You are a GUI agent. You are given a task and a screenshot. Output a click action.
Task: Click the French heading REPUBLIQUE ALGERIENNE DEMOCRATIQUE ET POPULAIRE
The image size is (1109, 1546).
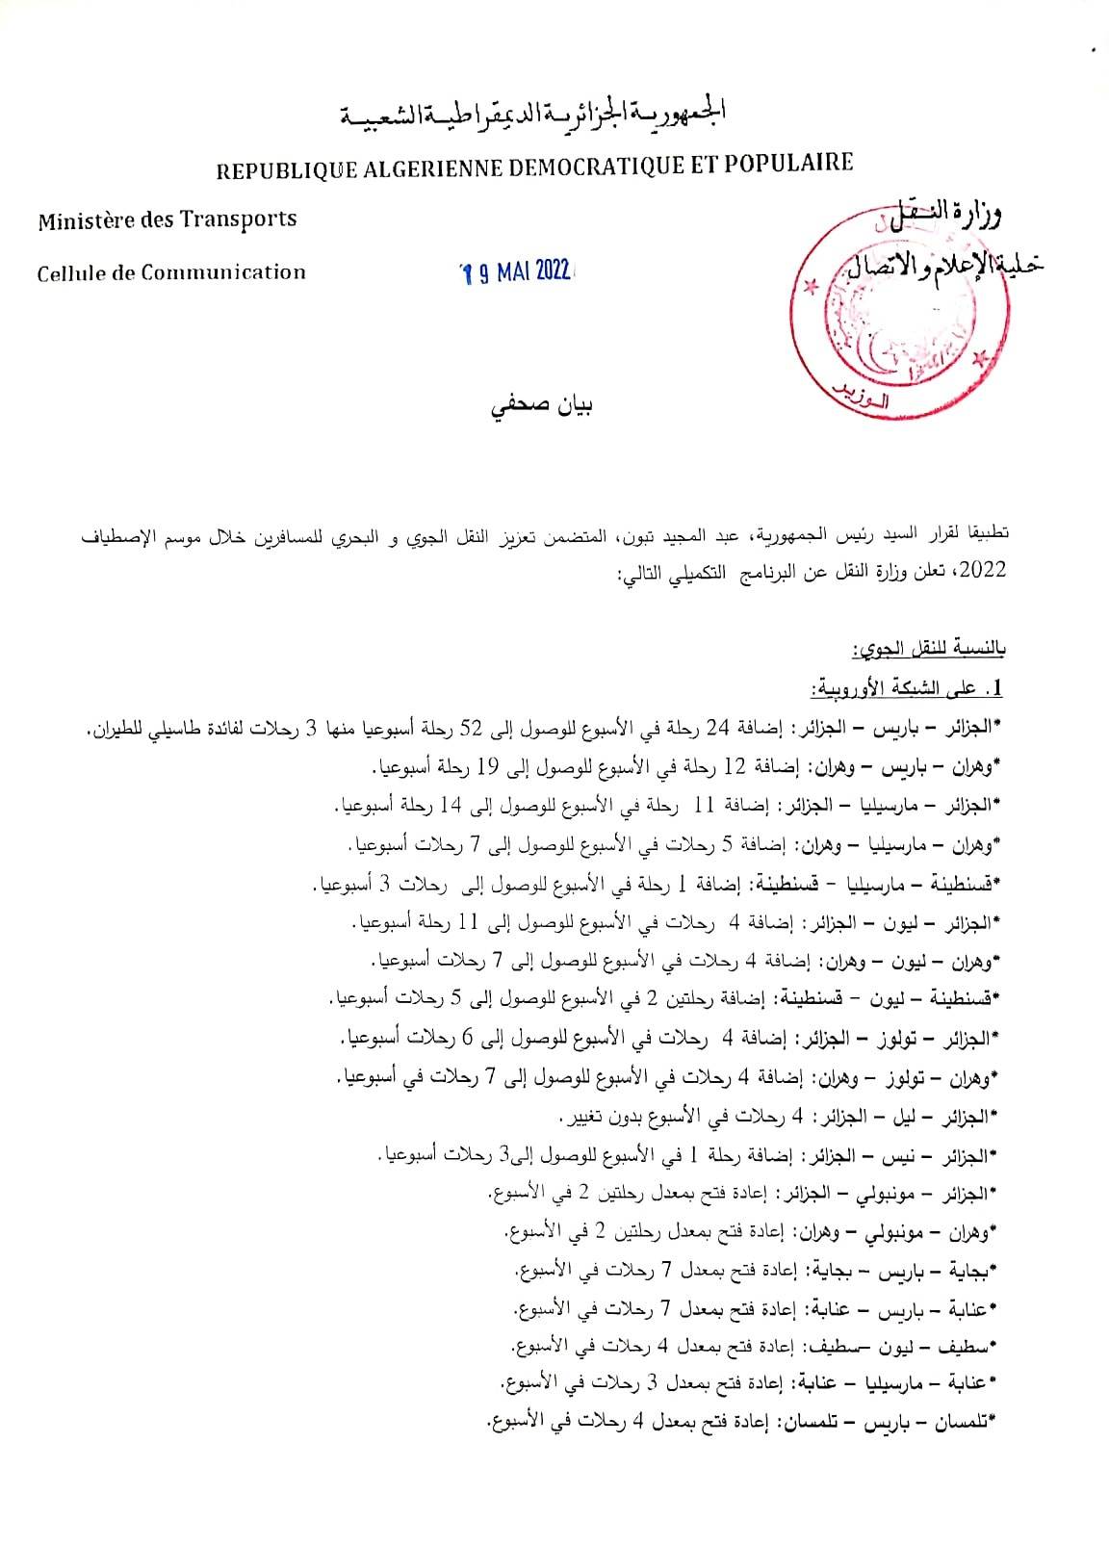pos(534,166)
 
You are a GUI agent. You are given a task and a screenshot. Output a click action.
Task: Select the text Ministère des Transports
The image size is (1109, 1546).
pos(168,220)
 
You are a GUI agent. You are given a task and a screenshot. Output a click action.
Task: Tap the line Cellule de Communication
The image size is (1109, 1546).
pos(171,272)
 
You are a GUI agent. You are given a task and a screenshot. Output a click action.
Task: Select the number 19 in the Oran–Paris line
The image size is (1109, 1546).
pos(486,767)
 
